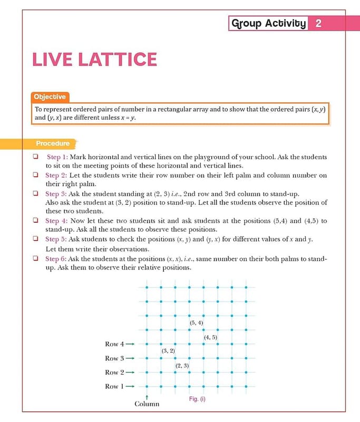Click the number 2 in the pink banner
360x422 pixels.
coord(318,23)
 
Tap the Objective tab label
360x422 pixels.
coord(50,97)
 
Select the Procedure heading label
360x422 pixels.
coord(53,143)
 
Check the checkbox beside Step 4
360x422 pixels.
coord(35,221)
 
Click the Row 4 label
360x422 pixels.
coord(114,344)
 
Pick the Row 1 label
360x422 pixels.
coord(114,386)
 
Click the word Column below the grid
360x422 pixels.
coord(147,404)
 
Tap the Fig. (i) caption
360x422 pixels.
coord(197,399)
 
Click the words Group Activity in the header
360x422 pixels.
coord(269,23)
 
